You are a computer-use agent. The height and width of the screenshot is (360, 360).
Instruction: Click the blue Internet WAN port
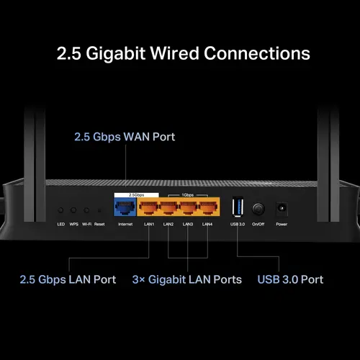(125, 210)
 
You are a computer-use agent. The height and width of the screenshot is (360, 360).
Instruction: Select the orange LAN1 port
(149, 210)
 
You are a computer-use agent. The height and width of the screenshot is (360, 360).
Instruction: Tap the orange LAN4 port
(207, 210)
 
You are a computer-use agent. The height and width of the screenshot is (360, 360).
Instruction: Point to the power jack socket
(282, 209)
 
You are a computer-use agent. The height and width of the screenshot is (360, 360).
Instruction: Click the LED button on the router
(61, 210)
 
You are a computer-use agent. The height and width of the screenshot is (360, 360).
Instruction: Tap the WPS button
(73, 210)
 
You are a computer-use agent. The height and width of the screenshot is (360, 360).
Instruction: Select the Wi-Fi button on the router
(86, 210)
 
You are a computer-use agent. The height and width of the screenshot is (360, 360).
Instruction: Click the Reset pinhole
(99, 210)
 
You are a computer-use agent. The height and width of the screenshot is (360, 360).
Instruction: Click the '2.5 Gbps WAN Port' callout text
(125, 136)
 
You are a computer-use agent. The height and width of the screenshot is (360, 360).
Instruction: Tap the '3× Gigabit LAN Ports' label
(186, 279)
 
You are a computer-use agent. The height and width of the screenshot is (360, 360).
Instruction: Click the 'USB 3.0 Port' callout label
(290, 279)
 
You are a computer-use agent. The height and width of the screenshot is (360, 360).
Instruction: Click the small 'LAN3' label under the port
(187, 225)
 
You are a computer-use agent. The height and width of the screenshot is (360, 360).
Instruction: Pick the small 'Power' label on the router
(282, 225)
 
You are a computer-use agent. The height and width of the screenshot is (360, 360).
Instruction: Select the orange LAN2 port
(168, 210)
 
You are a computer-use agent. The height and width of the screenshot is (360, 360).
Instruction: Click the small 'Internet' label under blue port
(125, 225)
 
